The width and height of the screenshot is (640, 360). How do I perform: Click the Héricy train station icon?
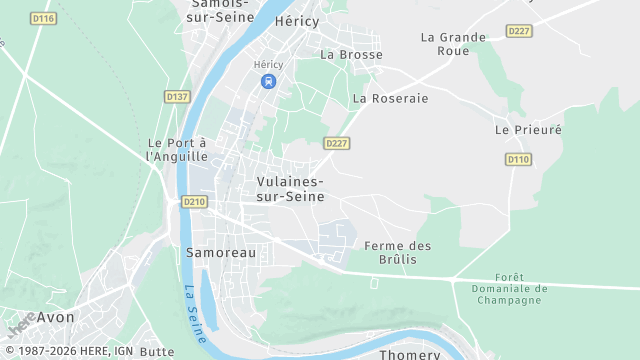click(267, 82)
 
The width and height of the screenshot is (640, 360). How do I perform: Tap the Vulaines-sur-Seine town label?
click(290, 189)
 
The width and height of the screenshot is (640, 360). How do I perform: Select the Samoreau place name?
click(221, 253)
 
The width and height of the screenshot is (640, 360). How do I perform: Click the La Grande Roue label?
click(453, 44)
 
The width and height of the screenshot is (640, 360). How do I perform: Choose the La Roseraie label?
click(390, 98)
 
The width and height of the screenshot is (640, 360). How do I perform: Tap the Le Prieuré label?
click(528, 130)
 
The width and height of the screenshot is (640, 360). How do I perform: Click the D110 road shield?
click(518, 159)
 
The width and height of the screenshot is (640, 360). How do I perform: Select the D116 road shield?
click(43, 19)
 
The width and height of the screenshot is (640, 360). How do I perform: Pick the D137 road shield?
click(177, 96)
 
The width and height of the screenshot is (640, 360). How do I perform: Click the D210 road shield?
click(194, 202)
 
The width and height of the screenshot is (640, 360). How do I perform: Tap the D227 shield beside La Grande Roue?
click(519, 31)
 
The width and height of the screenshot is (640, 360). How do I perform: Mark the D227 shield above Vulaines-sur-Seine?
click(336, 143)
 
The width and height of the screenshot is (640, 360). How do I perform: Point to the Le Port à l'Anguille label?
click(177, 150)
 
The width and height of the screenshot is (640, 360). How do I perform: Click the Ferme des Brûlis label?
click(397, 253)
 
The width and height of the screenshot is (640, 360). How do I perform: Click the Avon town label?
click(55, 317)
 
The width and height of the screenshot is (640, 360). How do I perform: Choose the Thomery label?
click(409, 354)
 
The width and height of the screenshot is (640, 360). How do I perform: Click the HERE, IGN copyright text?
click(68, 351)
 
